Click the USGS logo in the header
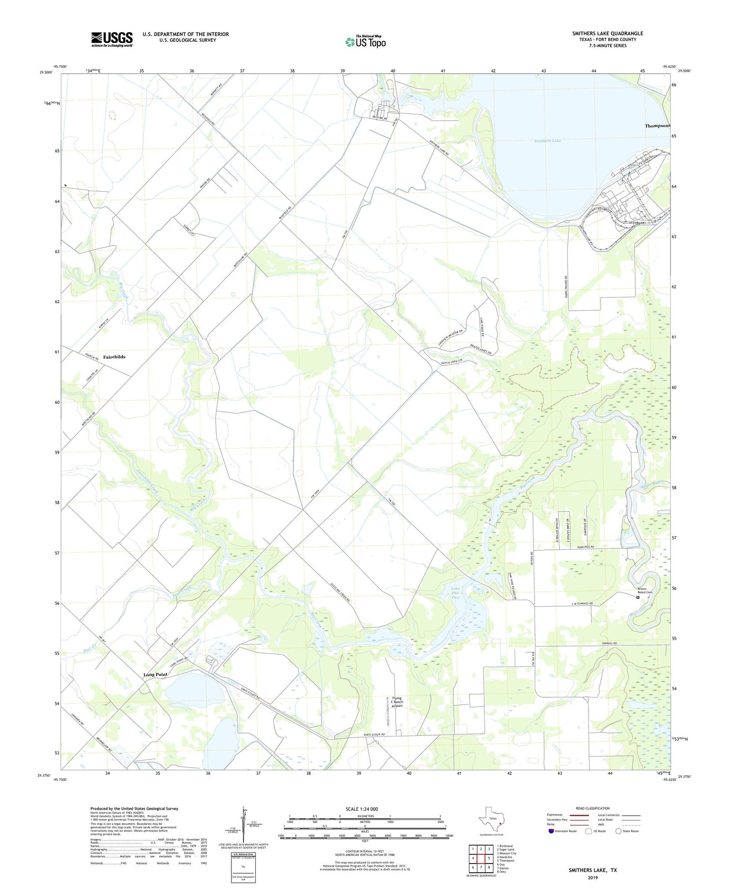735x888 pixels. coord(112,39)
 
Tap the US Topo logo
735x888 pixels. coord(365,41)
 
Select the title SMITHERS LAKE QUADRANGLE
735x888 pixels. coord(607,34)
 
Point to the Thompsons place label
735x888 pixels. coord(657,126)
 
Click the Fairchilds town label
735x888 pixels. coord(114,357)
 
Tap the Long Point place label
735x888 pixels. coord(155,674)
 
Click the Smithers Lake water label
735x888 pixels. coord(547,140)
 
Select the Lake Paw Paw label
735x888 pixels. coord(456,593)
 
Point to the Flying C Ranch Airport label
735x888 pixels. coord(397,702)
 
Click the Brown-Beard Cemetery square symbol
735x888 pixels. coord(638,598)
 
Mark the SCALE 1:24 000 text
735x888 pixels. coord(362,809)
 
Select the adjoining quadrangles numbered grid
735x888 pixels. coord(480,859)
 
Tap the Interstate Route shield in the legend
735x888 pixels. coord(551,831)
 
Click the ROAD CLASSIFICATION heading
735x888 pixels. coord(593,808)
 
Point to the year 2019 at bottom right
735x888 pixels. coord(593,877)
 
